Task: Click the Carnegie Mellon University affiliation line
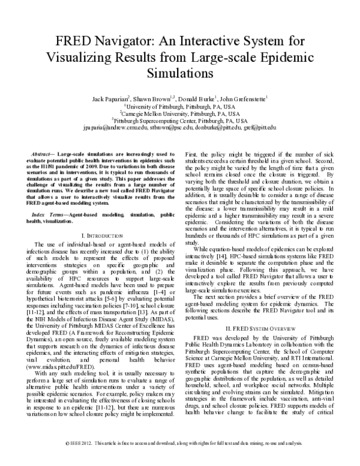tap(180, 112)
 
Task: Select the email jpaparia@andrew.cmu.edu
tap(118, 127)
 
